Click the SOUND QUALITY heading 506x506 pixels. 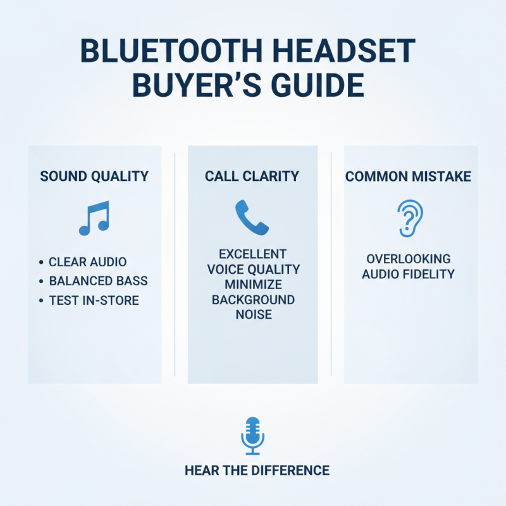(x=94, y=176)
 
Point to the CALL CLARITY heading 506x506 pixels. (x=253, y=176)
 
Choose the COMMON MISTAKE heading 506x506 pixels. (x=408, y=176)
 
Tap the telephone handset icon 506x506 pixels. (x=252, y=217)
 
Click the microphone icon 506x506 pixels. (x=253, y=436)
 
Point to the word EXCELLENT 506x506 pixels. (x=253, y=254)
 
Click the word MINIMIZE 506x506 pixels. (x=253, y=284)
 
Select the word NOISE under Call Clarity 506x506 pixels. (x=253, y=314)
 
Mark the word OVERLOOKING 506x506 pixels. (x=408, y=259)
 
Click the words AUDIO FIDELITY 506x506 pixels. (x=408, y=275)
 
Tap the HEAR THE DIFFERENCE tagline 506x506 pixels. (x=257, y=471)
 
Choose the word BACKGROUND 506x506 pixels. (x=253, y=299)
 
